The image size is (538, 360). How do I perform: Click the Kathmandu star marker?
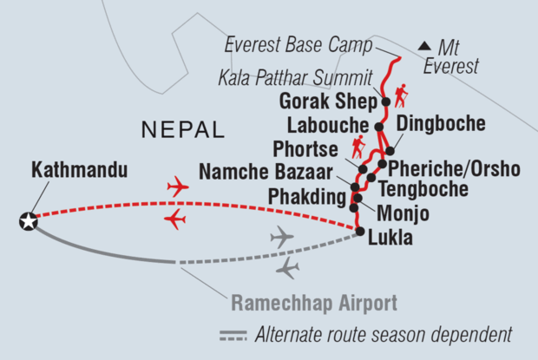(30, 223)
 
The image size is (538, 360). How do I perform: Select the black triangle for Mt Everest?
(424, 45)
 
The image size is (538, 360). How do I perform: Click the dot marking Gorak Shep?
(386, 101)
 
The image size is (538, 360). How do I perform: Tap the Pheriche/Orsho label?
(454, 167)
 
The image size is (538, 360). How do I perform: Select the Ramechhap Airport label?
(314, 303)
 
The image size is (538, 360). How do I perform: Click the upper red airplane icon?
(178, 186)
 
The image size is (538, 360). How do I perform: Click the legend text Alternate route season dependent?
(384, 334)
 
